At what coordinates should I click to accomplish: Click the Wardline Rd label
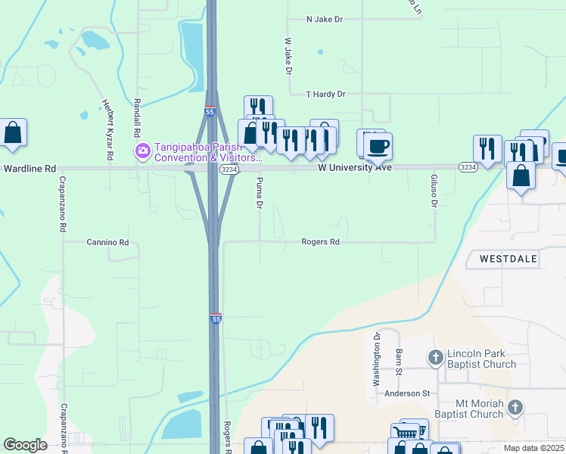(30, 168)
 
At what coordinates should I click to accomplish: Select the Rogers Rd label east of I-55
(320, 242)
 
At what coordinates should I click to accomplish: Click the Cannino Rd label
(107, 242)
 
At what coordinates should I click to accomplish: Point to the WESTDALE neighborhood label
(508, 259)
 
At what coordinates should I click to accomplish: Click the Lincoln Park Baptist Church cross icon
(435, 356)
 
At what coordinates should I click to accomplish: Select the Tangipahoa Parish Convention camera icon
(142, 151)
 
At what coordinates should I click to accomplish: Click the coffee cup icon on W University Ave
(377, 146)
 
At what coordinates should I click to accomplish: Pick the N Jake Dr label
(325, 19)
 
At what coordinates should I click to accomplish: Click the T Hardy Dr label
(325, 94)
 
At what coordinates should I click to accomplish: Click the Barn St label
(398, 362)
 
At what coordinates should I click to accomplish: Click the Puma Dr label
(260, 193)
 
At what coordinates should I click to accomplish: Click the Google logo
(25, 445)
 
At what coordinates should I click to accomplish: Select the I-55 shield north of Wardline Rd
(210, 112)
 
